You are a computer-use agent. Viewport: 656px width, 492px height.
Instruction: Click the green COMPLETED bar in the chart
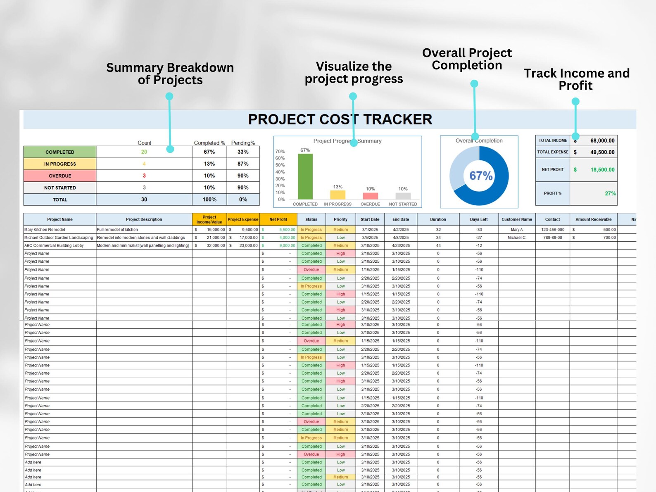(305, 176)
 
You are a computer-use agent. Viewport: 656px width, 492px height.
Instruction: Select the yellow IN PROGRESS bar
(338, 195)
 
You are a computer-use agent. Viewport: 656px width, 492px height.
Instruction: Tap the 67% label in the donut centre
(481, 176)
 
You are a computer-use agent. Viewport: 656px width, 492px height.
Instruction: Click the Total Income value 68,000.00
(602, 140)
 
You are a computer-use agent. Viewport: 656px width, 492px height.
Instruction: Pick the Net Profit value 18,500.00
(602, 170)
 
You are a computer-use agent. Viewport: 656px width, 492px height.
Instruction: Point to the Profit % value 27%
(610, 193)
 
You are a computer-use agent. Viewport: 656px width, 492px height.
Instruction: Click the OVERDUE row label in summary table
(60, 176)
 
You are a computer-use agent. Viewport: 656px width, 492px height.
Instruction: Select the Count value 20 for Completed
(144, 152)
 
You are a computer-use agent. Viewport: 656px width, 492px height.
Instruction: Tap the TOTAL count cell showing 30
(144, 200)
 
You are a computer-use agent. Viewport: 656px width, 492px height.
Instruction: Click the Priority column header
(341, 219)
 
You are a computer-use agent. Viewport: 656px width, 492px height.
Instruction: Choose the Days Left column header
(479, 219)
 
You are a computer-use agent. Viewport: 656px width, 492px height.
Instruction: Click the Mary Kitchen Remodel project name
(45, 230)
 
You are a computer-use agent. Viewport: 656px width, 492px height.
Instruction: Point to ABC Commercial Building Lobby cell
(54, 245)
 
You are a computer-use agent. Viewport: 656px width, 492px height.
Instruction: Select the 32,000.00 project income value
(216, 245)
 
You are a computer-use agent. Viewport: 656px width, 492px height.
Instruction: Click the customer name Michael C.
(517, 238)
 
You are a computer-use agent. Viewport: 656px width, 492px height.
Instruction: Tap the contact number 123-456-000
(553, 230)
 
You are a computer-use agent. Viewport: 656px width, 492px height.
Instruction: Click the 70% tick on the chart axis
(280, 152)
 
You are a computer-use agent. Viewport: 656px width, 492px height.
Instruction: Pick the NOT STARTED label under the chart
(403, 204)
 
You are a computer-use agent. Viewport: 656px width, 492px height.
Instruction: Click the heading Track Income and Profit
(577, 79)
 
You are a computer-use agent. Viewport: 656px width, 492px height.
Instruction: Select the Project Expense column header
(243, 219)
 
